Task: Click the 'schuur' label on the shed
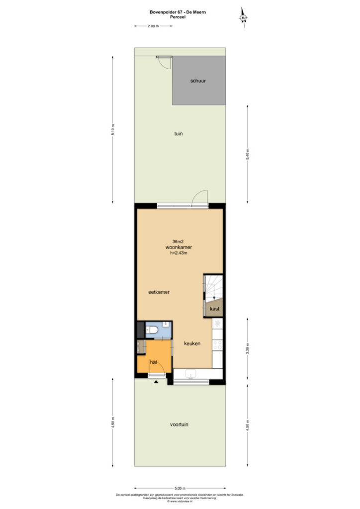click(x=198, y=81)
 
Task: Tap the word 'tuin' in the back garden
click(x=179, y=133)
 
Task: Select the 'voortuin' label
click(x=179, y=424)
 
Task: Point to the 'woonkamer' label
click(x=179, y=248)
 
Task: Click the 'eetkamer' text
click(x=159, y=292)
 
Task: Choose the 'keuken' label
click(x=192, y=343)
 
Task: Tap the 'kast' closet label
click(x=215, y=309)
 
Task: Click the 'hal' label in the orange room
click(x=153, y=362)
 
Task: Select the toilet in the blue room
click(x=152, y=330)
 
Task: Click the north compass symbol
click(x=243, y=18)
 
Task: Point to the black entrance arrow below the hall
click(x=156, y=382)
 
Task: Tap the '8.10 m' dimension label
click(x=113, y=130)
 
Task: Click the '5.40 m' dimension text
click(x=247, y=154)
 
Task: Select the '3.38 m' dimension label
click(x=247, y=348)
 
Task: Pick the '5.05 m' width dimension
click(x=180, y=488)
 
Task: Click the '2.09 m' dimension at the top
click(x=153, y=26)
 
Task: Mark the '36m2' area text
click(x=178, y=242)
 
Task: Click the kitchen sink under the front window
click(x=190, y=374)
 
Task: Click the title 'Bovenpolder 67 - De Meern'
click(x=178, y=12)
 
